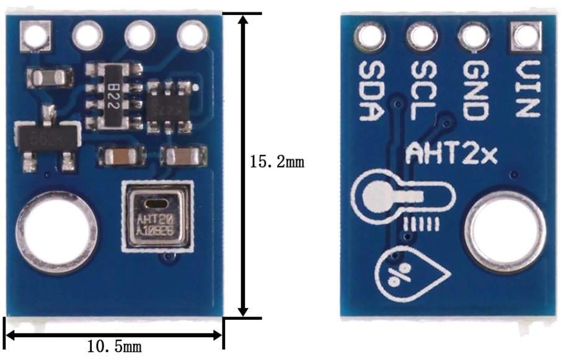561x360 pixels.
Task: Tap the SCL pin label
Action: click(422, 90)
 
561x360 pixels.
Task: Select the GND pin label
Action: click(474, 90)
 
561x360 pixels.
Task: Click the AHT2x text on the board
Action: click(451, 154)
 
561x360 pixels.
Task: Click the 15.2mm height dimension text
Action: click(276, 162)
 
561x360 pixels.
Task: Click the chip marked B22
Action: click(112, 95)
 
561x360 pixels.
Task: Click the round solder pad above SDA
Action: click(369, 35)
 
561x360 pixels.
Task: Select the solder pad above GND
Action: click(474, 35)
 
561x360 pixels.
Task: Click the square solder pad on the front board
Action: click(35, 35)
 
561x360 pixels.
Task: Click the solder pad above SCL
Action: click(422, 35)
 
